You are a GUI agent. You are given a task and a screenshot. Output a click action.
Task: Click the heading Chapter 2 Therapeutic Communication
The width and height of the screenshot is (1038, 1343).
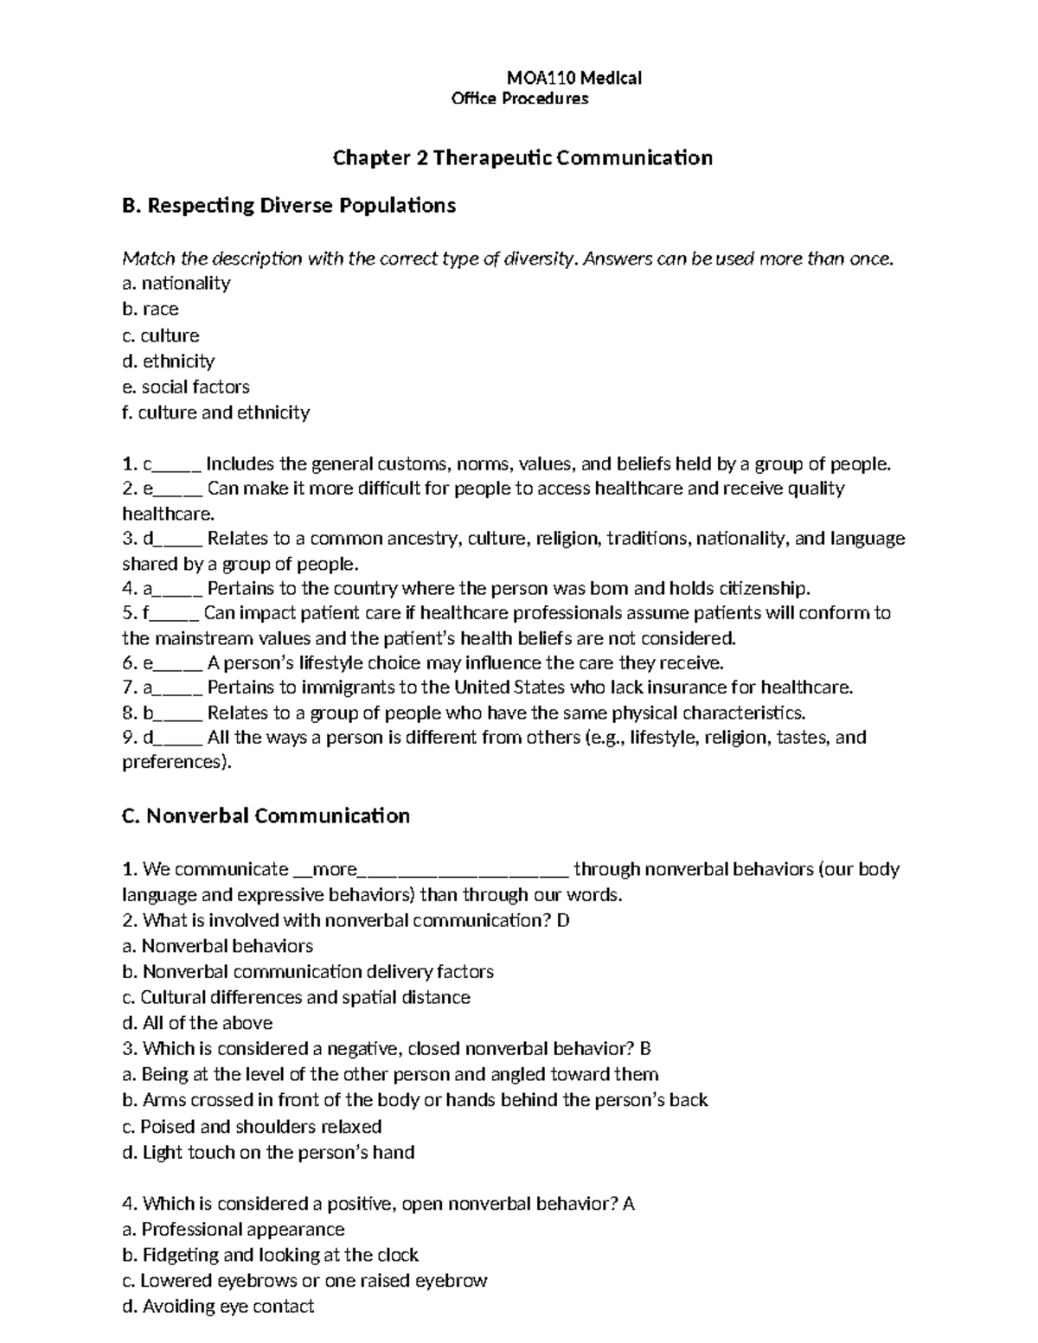pos(522,157)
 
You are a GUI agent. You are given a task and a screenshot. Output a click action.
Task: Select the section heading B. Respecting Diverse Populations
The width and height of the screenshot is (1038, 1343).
pos(289,206)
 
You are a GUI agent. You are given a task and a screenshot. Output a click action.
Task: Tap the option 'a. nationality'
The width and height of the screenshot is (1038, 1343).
pos(176,284)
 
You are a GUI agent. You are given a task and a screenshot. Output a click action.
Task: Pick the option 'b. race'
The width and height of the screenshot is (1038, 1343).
pos(151,310)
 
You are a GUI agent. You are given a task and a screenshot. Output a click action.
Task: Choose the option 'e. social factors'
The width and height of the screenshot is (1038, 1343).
pos(186,387)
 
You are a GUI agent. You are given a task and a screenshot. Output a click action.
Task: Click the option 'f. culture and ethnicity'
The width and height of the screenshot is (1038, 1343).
pos(215,412)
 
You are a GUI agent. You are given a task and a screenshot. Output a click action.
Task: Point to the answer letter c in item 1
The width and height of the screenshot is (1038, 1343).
pos(147,464)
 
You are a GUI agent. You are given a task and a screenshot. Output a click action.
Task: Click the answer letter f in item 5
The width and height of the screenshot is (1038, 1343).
pos(146,613)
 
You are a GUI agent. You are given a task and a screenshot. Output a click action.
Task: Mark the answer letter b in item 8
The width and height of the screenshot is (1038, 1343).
pos(148,713)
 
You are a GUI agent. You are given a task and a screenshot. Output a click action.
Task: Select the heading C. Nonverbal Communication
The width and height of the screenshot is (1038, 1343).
pos(266,815)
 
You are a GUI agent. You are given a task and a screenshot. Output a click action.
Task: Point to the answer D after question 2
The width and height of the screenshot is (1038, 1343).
pos(563,920)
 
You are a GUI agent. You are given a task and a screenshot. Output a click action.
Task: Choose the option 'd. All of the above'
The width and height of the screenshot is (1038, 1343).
pos(197,1023)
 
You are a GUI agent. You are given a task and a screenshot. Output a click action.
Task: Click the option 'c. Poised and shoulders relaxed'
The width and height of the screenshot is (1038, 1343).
pos(252,1127)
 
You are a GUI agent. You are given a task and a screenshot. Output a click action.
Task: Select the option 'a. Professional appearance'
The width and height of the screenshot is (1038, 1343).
pos(234,1229)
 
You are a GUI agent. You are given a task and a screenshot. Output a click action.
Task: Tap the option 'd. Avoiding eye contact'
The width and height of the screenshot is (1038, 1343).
pos(218,1306)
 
